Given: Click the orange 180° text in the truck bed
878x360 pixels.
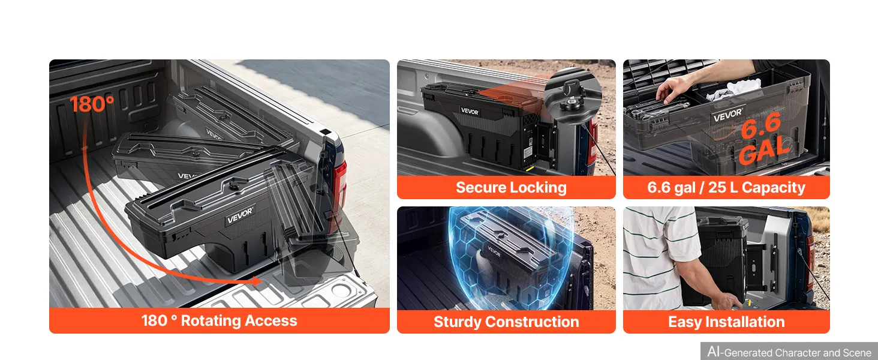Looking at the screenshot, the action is click(x=92, y=104).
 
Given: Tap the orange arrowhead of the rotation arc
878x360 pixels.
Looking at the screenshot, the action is click(x=257, y=281).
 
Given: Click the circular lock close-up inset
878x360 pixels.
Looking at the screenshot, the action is click(x=573, y=97).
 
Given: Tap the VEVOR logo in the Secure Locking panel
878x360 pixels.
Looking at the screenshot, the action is click(x=470, y=112).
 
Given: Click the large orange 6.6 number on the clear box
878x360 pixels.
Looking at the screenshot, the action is click(x=760, y=125).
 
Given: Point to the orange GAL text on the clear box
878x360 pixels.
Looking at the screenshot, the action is click(x=764, y=150).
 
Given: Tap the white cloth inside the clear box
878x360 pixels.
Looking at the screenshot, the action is click(x=733, y=90).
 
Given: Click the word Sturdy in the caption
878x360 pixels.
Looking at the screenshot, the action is click(x=457, y=322).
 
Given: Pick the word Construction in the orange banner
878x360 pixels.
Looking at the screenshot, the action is click(x=532, y=322).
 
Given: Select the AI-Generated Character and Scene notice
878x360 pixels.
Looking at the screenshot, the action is click(x=789, y=352).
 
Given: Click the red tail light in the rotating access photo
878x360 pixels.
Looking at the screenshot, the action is click(x=339, y=184).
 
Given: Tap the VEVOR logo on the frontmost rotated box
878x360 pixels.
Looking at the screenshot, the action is click(x=240, y=215).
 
